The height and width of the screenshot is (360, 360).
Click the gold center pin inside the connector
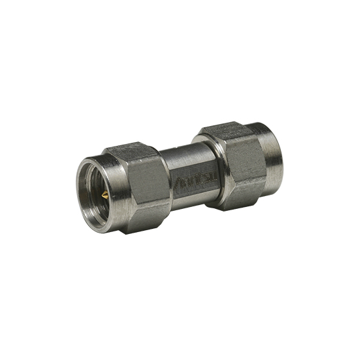tap(104, 193)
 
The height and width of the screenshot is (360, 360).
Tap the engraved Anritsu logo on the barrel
tap(190, 179)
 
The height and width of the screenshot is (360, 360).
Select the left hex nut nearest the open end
tap(138, 186)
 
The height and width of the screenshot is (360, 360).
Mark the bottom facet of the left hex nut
tap(138, 225)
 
